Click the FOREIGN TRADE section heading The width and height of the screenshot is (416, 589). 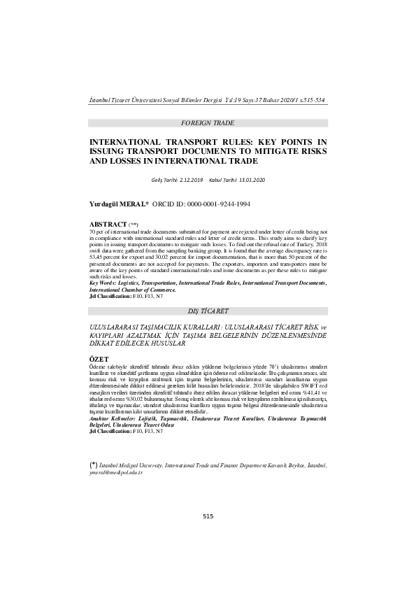coord(208,122)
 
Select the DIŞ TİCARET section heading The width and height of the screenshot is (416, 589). coord(208,310)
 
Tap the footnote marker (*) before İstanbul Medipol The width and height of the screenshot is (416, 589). coord(94,464)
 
